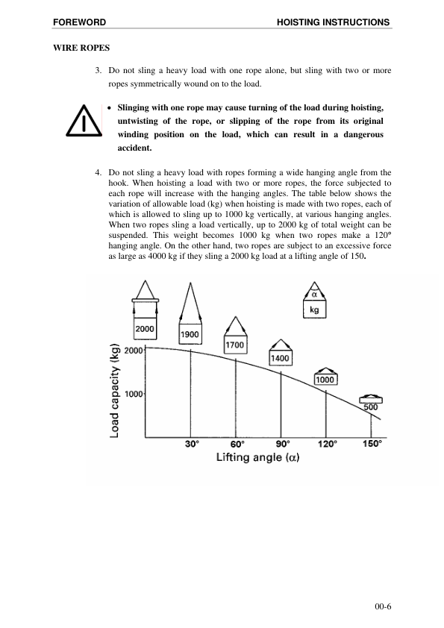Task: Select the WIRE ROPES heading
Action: point(81,48)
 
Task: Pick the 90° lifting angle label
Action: point(281,443)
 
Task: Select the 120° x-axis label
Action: point(327,443)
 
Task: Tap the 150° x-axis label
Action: point(372,443)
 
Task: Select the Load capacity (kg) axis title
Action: point(116,390)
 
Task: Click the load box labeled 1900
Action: point(190,335)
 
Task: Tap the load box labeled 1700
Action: point(236,345)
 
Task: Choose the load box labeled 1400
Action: point(281,358)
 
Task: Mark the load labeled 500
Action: point(371,407)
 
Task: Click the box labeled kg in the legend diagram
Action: point(313,311)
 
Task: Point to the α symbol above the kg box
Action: point(314,294)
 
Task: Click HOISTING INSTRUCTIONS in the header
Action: point(333,22)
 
